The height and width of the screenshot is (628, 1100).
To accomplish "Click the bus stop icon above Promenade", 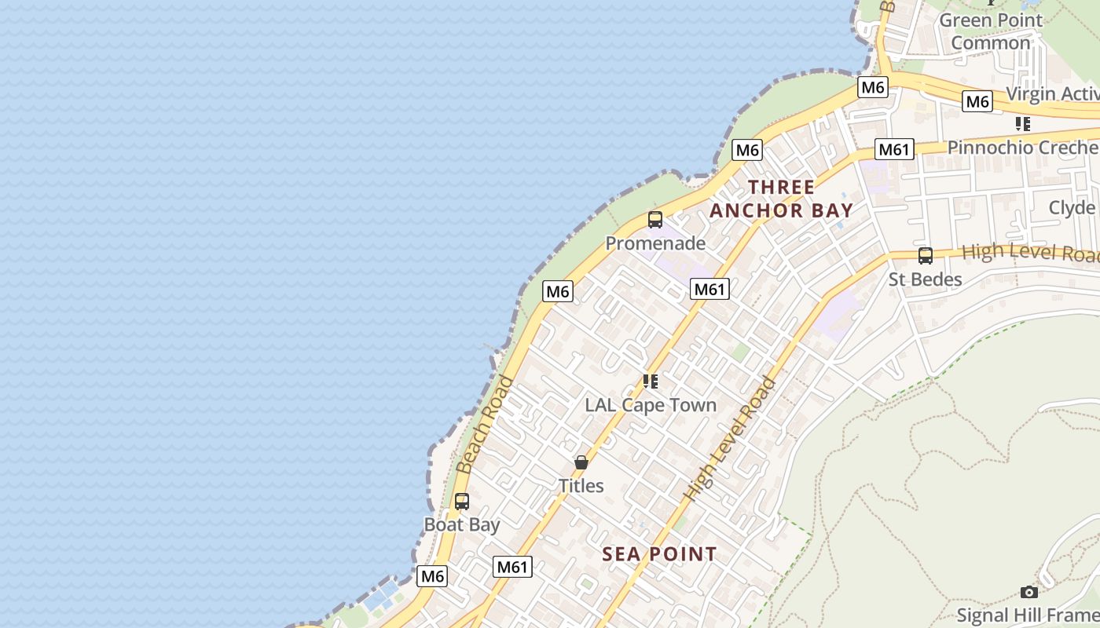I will tap(655, 220).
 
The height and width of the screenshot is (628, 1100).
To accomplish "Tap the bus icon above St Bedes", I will tap(926, 256).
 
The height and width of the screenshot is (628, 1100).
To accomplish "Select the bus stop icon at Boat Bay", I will tap(462, 501).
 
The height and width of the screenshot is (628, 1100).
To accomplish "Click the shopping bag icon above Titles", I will tap(581, 462).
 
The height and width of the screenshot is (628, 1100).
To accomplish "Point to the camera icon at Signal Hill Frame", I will tap(1028, 592).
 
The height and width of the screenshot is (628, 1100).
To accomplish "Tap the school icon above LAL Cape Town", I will tap(651, 382).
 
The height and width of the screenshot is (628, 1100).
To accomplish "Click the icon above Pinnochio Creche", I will tap(1022, 124).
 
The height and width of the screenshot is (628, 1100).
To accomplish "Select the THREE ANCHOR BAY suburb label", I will tap(782, 199).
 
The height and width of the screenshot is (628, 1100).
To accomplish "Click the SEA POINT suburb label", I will tap(659, 554).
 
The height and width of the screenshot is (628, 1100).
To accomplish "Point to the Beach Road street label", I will tap(485, 425).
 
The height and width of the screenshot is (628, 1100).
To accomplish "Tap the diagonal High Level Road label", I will tap(730, 440).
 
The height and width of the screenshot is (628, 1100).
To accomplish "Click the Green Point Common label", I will tap(990, 31).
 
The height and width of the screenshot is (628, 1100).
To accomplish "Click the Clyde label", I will tap(1072, 207).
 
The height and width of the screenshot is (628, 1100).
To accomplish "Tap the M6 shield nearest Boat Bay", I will tap(432, 576).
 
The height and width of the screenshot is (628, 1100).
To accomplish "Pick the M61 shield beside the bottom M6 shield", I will tap(513, 567).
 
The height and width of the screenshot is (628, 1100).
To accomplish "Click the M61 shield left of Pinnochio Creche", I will tap(895, 149).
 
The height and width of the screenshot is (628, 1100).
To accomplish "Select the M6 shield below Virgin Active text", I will tap(977, 101).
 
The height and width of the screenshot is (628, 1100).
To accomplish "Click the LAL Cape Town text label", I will tap(651, 405).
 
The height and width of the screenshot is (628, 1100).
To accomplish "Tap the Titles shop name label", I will tap(581, 486).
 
